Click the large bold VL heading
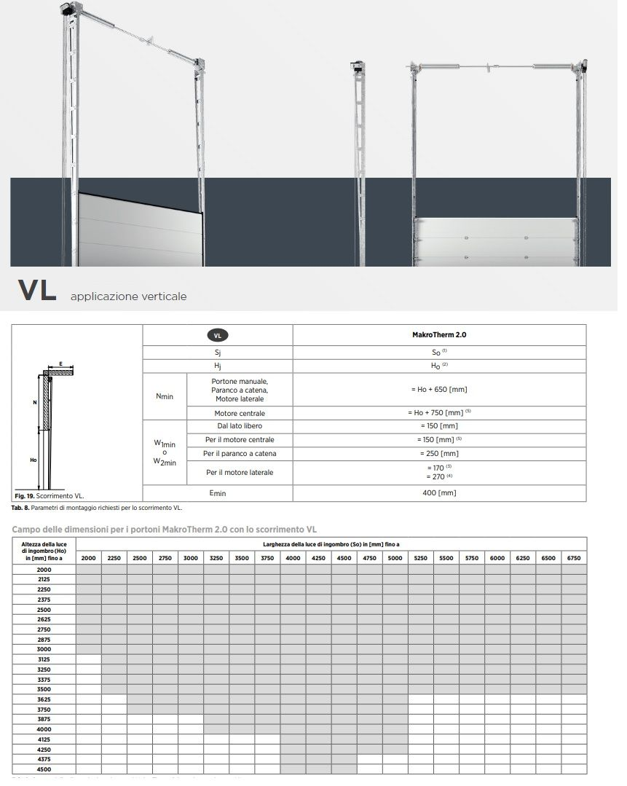coord(37,290)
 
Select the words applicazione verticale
coord(128,296)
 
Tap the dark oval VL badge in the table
coord(217,335)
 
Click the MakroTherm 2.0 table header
coord(439,335)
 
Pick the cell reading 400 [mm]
coord(439,493)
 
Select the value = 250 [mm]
coord(439,454)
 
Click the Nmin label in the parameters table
coord(165,396)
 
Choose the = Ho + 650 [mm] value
coord(439,390)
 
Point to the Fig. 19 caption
coord(50,495)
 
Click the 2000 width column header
coord(88,558)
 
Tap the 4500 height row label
coord(44,769)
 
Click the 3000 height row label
coord(44,649)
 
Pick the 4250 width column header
coord(318,558)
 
